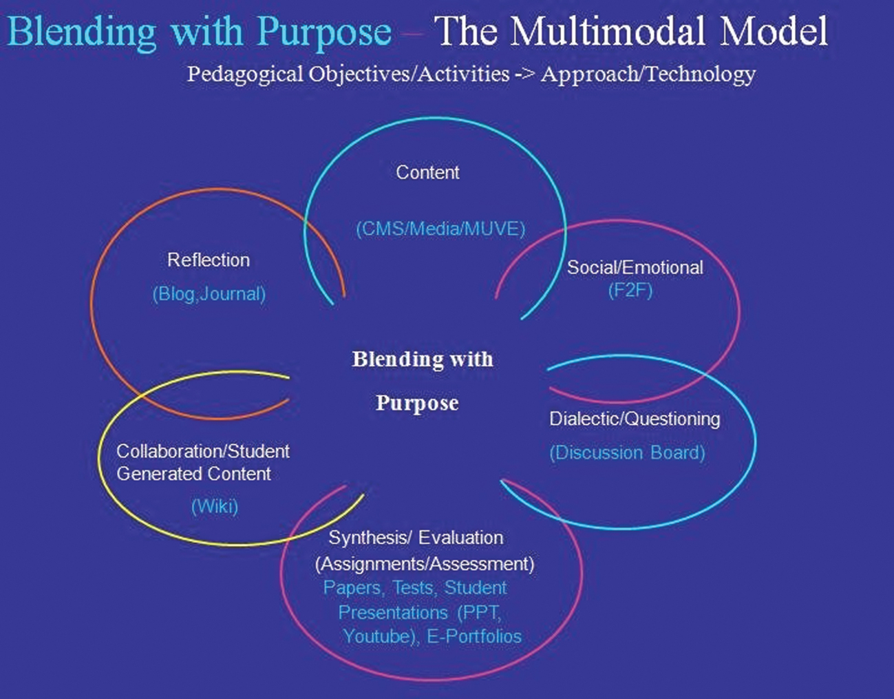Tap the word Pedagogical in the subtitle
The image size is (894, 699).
245,74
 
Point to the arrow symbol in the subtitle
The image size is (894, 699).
524,74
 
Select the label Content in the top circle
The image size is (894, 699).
427,172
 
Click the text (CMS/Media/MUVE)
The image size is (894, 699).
440,229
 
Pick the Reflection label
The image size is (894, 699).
209,260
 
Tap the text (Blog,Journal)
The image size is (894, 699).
209,294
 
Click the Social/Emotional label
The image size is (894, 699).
635,267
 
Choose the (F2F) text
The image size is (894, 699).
630,290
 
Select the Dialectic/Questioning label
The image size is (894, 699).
635,419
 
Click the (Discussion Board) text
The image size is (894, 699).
627,452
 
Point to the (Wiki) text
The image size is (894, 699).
215,506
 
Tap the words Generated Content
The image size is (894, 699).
193,474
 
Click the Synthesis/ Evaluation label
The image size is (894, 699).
416,537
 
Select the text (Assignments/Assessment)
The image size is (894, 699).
425,564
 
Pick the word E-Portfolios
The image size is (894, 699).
473,636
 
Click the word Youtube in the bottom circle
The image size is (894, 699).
377,636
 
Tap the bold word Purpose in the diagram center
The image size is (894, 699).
417,404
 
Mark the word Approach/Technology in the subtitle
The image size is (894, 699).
648,74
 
